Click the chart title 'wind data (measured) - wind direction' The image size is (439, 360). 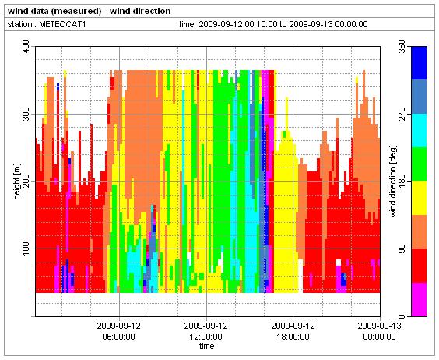[x=89, y=11]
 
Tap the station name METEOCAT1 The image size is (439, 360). [x=62, y=24]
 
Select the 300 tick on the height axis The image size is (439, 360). [x=26, y=114]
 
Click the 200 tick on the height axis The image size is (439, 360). [x=26, y=181]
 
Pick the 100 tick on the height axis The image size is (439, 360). [x=26, y=249]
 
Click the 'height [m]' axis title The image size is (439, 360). [x=17, y=182]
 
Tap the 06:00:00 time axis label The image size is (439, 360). [x=119, y=337]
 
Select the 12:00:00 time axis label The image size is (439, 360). [x=206, y=337]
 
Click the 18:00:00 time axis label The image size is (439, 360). [x=293, y=337]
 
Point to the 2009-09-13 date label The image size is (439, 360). [x=379, y=326]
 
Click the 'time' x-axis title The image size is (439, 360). [x=206, y=346]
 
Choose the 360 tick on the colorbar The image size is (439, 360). [x=402, y=47]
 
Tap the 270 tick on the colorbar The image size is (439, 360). [x=402, y=114]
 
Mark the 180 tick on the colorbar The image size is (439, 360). [x=402, y=181]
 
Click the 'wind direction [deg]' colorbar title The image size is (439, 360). [x=393, y=181]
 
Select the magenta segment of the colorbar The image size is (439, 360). [x=419, y=299]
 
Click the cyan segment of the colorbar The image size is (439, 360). [x=419, y=131]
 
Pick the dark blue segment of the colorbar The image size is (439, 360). [x=419, y=63]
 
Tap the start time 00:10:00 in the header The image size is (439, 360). [x=261, y=24]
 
